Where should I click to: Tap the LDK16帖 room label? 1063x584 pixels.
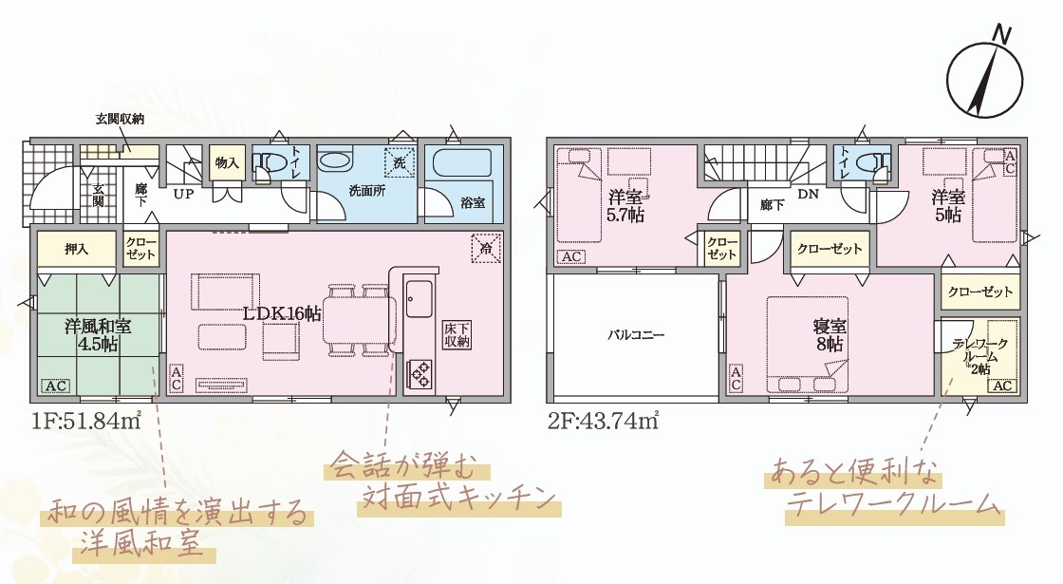coord(283,313)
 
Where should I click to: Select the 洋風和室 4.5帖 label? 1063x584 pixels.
coord(98,334)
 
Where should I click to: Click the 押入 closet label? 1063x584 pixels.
coord(77,250)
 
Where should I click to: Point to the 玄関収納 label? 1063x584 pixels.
coord(120,120)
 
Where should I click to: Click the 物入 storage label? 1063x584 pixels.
coord(227,162)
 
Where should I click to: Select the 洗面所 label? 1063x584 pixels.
coord(366,191)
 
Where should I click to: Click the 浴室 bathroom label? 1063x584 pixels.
coord(473,202)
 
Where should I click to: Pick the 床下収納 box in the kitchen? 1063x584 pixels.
coord(457,334)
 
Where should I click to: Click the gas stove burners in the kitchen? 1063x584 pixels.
coord(419,374)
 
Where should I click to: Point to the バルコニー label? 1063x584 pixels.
coord(635,335)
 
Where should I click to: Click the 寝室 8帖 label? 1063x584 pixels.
coord(830,335)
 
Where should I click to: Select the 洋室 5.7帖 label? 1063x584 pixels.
coord(625,206)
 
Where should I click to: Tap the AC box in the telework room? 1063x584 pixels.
coord(1002,386)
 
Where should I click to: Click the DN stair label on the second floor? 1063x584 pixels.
coord(808,194)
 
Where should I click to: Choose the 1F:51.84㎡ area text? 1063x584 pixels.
coord(86,422)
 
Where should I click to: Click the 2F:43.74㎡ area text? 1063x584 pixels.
coord(604,422)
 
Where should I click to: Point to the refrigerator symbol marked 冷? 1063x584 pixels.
coord(486,248)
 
